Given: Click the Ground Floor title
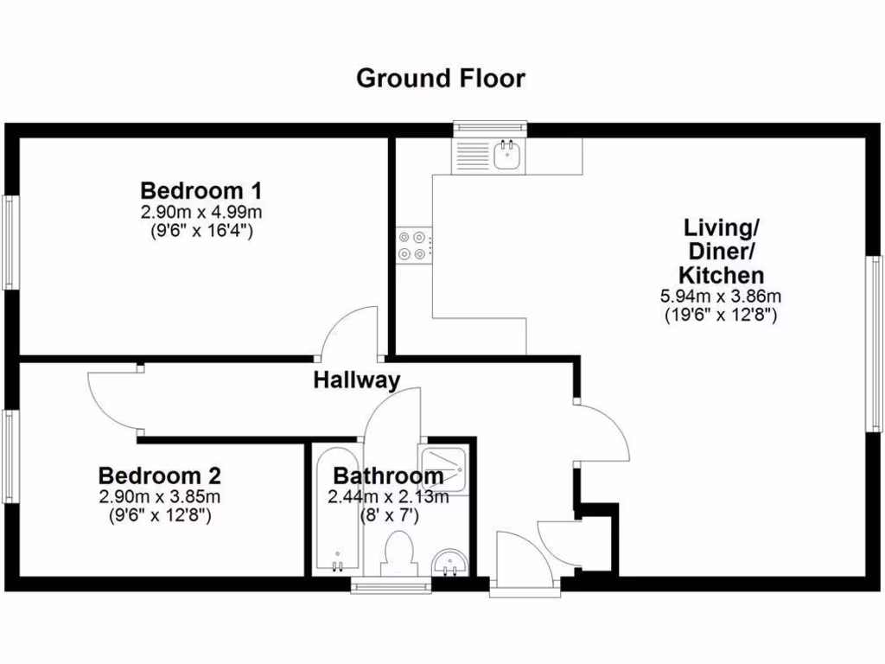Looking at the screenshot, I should pyautogui.click(x=441, y=79).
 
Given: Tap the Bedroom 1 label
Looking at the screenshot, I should pyautogui.click(x=201, y=190).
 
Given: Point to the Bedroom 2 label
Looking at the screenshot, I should pyautogui.click(x=160, y=476).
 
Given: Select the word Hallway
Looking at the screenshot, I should pyautogui.click(x=356, y=380).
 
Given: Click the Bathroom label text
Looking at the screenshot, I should pyautogui.click(x=388, y=476).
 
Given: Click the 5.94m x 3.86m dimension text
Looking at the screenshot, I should pyautogui.click(x=721, y=297).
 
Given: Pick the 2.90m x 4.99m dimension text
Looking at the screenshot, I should pyautogui.click(x=201, y=212).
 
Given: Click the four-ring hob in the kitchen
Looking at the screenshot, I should pyautogui.click(x=414, y=246).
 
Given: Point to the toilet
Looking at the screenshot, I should pyautogui.click(x=398, y=552).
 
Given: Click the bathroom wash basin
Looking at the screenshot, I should pyautogui.click(x=449, y=562).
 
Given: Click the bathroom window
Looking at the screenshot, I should pyautogui.click(x=392, y=587).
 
